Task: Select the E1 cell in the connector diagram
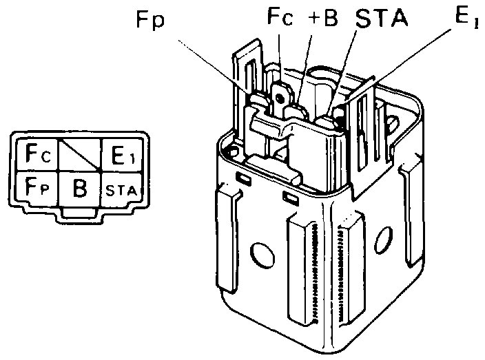121,156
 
